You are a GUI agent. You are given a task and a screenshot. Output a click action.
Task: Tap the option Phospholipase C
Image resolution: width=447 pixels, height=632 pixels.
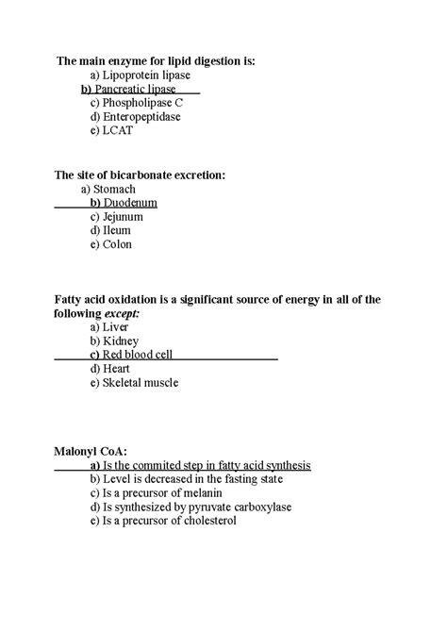pyautogui.click(x=142, y=103)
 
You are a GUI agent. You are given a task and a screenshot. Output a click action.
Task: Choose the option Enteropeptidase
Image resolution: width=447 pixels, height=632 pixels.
pyautogui.click(x=141, y=117)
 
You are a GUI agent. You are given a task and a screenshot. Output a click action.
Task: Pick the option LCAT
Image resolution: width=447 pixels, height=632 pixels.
pyautogui.click(x=117, y=131)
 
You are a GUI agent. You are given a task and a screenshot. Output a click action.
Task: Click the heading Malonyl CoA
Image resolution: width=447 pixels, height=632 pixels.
pyautogui.click(x=86, y=452)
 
